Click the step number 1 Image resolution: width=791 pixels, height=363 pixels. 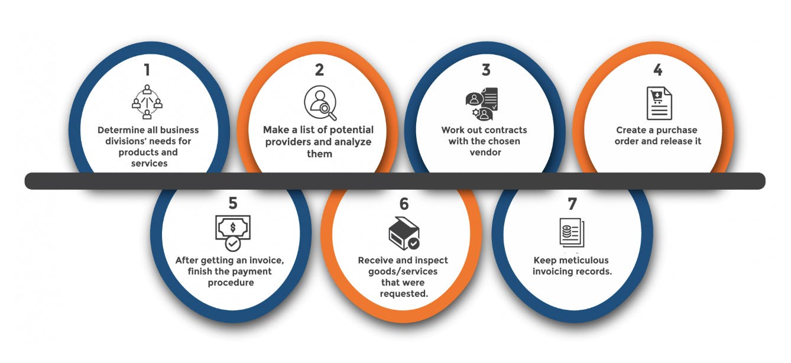[147, 70]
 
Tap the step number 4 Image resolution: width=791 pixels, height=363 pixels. [657, 70]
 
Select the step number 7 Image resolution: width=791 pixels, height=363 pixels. [572, 203]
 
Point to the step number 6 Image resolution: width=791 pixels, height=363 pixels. [404, 204]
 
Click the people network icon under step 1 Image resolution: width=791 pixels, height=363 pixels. [147, 102]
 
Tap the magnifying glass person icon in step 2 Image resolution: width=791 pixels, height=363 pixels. [320, 103]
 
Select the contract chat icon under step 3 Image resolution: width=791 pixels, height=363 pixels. [482, 104]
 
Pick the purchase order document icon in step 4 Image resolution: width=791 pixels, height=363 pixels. [659, 103]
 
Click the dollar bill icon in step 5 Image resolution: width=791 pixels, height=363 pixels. [233, 233]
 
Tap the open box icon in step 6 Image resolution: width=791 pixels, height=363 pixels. [404, 233]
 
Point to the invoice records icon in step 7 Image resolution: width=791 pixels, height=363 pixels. [572, 232]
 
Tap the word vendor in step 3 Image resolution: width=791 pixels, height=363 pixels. [485, 153]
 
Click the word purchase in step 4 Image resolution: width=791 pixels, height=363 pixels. [676, 130]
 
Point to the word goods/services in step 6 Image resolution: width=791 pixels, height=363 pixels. [403, 271]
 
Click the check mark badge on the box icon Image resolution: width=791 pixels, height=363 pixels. [414, 244]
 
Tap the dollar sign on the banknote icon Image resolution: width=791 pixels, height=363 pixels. [233, 228]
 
